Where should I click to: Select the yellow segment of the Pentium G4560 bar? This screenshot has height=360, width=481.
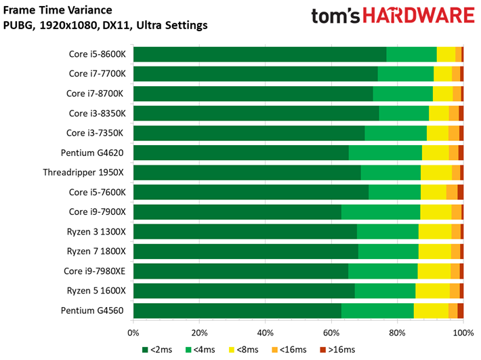tap(431, 311)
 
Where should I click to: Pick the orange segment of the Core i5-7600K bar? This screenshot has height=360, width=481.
tap(451, 193)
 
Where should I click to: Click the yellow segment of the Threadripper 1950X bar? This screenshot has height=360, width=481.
tap(436, 173)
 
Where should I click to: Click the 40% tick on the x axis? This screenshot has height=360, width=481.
tap(266, 333)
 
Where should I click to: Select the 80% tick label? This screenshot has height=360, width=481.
tap(398, 333)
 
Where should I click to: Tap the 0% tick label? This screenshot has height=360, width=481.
tap(133, 333)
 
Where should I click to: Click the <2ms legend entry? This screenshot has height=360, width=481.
tap(156, 350)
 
